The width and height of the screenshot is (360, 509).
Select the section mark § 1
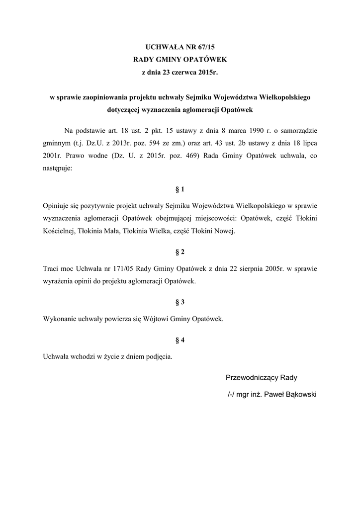[180, 189]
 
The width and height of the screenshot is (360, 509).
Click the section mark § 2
[180, 252]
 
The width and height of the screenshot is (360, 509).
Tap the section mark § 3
[180, 302]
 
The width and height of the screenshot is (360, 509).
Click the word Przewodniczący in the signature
[252, 377]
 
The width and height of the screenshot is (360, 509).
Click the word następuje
[58, 168]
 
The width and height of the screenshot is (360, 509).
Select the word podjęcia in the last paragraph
[157, 356]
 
